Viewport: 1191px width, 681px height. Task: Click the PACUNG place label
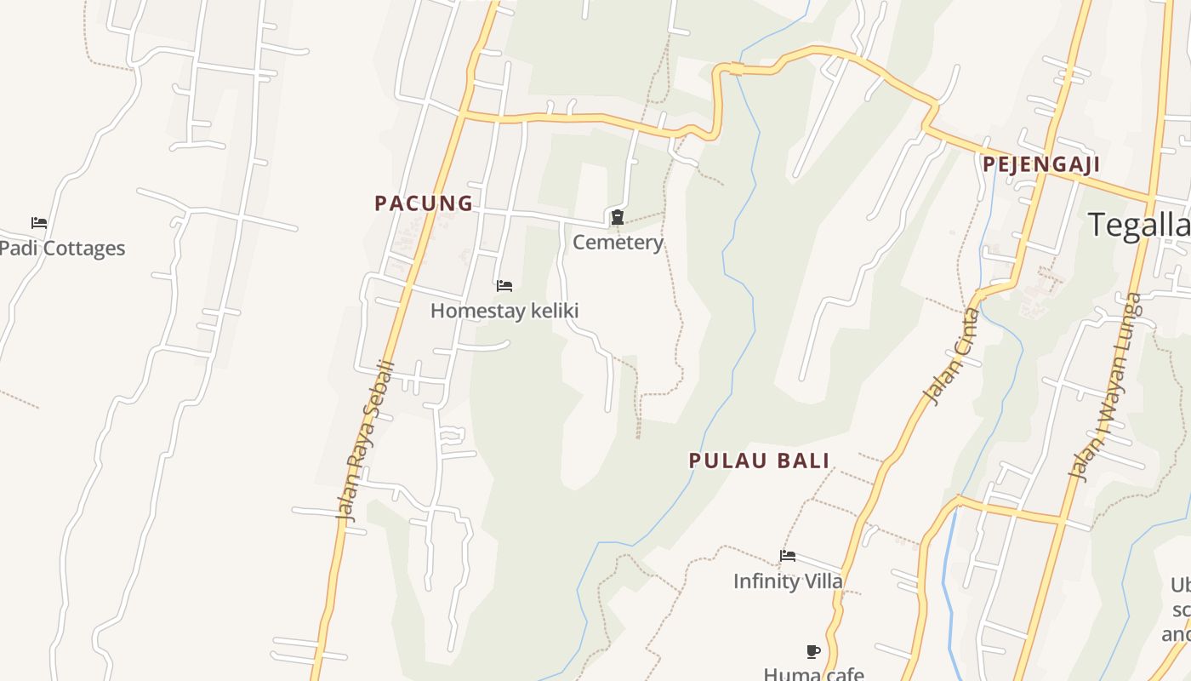click(x=424, y=203)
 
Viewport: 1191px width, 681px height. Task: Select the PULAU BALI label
click(x=759, y=461)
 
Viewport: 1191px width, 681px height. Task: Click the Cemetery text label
click(x=618, y=243)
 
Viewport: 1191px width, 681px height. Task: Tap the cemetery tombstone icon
click(x=618, y=218)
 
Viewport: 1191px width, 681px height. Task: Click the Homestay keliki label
click(x=504, y=311)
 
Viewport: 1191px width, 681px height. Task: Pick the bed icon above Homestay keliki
click(x=504, y=286)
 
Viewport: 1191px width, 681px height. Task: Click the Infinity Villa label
click(x=788, y=581)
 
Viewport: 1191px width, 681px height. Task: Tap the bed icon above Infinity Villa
click(x=788, y=557)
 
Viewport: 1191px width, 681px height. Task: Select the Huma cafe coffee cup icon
click(x=813, y=652)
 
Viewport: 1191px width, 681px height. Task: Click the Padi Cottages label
click(x=62, y=249)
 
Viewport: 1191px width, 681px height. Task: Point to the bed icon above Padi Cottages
click(x=39, y=223)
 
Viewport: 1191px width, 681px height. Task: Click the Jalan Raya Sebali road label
click(x=366, y=440)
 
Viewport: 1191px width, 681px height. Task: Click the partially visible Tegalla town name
click(x=1139, y=225)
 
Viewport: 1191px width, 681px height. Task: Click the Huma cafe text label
click(x=813, y=673)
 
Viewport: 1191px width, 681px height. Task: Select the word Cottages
click(x=84, y=249)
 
